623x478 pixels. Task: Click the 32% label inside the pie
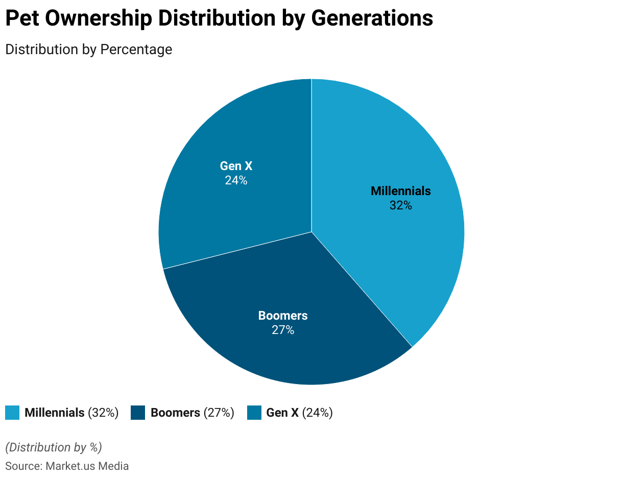click(x=400, y=205)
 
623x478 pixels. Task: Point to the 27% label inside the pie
click(x=283, y=330)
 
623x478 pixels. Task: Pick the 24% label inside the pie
click(x=236, y=180)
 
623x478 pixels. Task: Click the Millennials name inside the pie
click(x=400, y=191)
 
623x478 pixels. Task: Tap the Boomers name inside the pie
click(x=283, y=316)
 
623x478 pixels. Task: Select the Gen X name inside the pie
click(x=236, y=166)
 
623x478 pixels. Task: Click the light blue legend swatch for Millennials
click(x=12, y=413)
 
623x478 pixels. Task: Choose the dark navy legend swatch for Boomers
click(x=138, y=413)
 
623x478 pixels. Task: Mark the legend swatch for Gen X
click(x=254, y=413)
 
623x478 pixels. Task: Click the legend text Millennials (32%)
click(x=71, y=413)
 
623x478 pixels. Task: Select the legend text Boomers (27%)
click(x=193, y=413)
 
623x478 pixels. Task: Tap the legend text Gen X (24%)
click(x=299, y=413)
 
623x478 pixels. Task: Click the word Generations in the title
click(x=372, y=19)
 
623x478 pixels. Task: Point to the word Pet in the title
click(x=21, y=19)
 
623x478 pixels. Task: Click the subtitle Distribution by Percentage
click(x=88, y=50)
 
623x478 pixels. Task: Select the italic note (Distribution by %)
click(x=54, y=447)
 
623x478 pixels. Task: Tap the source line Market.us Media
click(x=67, y=466)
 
